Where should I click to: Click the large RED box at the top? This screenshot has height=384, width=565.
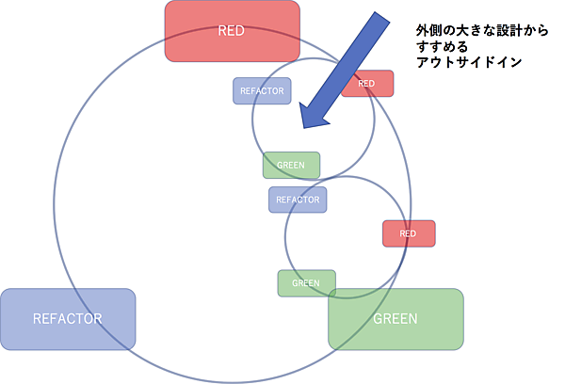click(233, 31)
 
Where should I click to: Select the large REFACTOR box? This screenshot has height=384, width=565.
click(68, 317)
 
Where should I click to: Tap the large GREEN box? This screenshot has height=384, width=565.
click(395, 318)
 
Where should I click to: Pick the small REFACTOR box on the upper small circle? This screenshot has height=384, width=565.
click(262, 90)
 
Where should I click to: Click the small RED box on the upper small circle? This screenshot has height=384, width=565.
click(367, 84)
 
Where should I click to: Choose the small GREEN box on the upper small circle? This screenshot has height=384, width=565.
click(291, 166)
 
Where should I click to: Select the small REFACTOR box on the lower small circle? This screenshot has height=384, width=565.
click(298, 200)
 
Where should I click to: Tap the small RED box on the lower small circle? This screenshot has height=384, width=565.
click(409, 233)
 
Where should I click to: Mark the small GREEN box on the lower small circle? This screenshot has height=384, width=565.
click(306, 282)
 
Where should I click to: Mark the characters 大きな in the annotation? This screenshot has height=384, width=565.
click(464, 30)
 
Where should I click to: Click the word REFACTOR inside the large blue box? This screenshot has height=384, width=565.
click(68, 318)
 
